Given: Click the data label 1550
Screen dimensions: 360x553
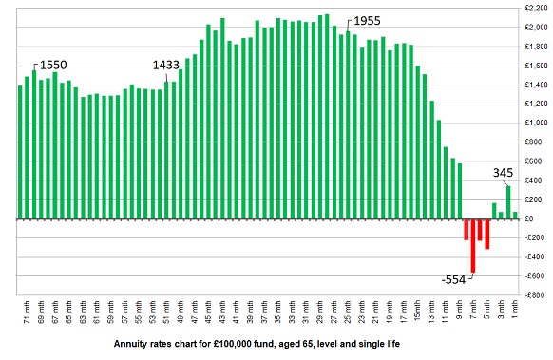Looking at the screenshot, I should click(52, 64).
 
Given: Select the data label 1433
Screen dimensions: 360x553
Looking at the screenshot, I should click(168, 65).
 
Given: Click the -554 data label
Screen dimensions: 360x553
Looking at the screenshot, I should click(454, 279).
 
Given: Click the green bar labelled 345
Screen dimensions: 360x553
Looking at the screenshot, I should click(508, 202).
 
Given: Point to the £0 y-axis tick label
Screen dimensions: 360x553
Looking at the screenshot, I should click(538, 218).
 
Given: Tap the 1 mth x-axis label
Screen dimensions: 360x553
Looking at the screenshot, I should click(515, 312).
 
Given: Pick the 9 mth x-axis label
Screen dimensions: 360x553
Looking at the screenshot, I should click(459, 312).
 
